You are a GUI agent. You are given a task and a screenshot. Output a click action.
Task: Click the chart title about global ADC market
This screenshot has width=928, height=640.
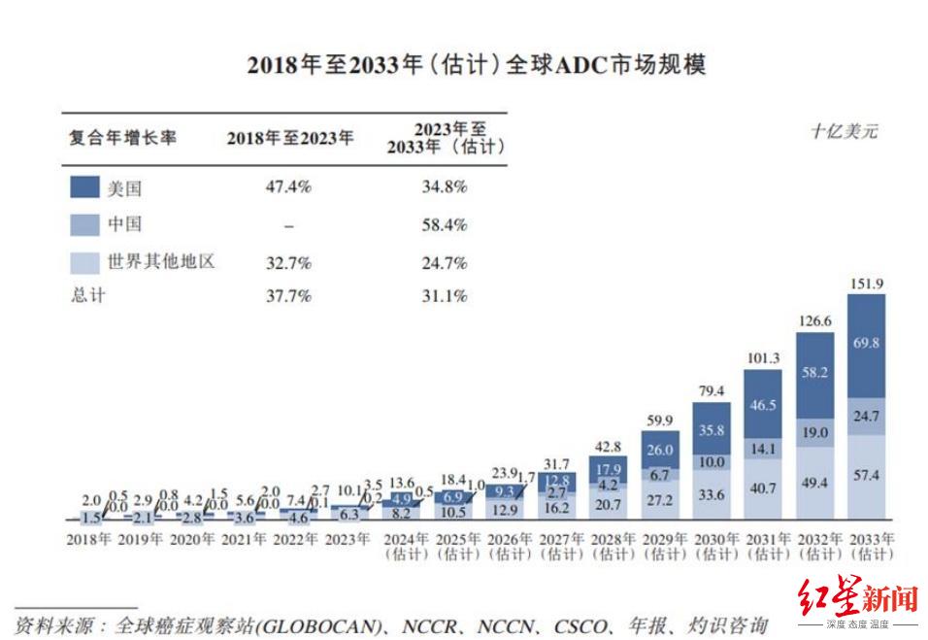point(476,66)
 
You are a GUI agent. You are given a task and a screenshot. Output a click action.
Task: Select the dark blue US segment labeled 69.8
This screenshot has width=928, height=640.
point(866,343)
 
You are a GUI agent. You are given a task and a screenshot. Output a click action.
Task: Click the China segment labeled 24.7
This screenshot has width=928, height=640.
point(866,416)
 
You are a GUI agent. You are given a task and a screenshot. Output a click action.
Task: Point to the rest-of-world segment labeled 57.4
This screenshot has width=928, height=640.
point(866,476)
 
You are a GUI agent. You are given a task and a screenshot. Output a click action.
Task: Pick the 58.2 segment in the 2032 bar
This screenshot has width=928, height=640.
point(814,372)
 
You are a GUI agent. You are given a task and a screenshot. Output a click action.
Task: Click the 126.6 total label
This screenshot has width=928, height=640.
point(814,321)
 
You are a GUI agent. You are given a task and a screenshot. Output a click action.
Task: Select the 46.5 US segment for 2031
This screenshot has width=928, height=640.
point(763,404)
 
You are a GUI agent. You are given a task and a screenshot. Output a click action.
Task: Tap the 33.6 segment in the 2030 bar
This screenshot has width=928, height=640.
point(712,494)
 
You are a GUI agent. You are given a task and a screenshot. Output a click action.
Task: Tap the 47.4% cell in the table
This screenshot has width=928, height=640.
point(288,186)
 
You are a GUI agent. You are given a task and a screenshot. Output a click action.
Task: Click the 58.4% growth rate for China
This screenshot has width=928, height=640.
point(445,224)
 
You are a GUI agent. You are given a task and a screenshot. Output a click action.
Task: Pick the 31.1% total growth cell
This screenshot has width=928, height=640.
point(445,295)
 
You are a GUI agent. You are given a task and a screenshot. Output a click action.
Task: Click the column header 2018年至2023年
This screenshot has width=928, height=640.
point(290,138)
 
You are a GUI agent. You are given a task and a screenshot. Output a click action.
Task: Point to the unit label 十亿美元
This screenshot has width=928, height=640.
point(844,132)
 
